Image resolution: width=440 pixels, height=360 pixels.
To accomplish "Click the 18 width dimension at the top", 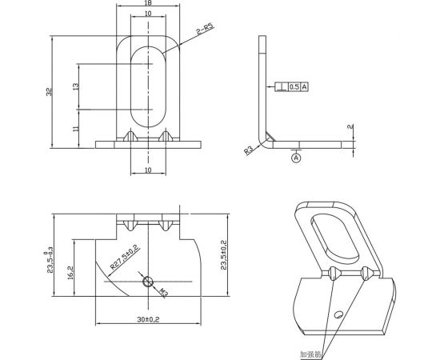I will (149, 4).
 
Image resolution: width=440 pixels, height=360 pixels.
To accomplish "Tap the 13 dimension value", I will (75, 86).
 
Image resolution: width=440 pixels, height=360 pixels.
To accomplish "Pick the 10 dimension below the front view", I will (149, 170).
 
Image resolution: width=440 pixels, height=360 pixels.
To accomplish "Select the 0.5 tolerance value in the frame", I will (293, 86).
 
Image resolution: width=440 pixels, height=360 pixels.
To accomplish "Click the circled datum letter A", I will (296, 158).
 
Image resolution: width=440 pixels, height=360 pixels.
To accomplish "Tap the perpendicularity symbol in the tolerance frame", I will (279, 86).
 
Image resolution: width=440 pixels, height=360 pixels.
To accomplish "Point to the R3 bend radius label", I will (249, 150).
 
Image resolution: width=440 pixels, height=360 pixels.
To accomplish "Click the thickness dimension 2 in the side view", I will (353, 127).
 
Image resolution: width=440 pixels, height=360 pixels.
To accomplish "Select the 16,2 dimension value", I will (70, 272).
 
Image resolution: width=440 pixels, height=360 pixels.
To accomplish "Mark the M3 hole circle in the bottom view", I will (147, 282).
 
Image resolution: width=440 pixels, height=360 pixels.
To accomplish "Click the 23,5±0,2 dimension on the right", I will (225, 254).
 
